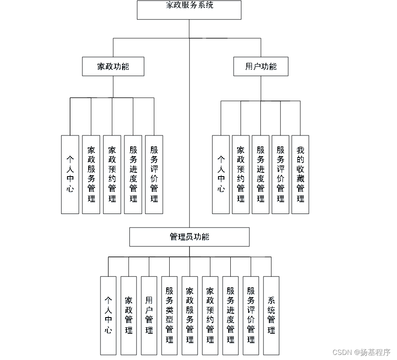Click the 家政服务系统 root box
189,10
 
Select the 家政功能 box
113,67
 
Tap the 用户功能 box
260,67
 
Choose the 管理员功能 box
189,237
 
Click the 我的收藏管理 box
300,174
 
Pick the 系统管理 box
271,315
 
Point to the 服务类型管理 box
170,315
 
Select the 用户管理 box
149,315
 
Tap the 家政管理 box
129,315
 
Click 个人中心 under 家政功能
70,174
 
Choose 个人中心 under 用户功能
221,174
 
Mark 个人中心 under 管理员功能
108,315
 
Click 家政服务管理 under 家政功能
91,174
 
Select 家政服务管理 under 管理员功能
190,315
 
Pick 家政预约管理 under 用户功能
240,174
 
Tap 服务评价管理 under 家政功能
154,174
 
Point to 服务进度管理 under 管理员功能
230,315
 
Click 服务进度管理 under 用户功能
260,174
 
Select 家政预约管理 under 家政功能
112,174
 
